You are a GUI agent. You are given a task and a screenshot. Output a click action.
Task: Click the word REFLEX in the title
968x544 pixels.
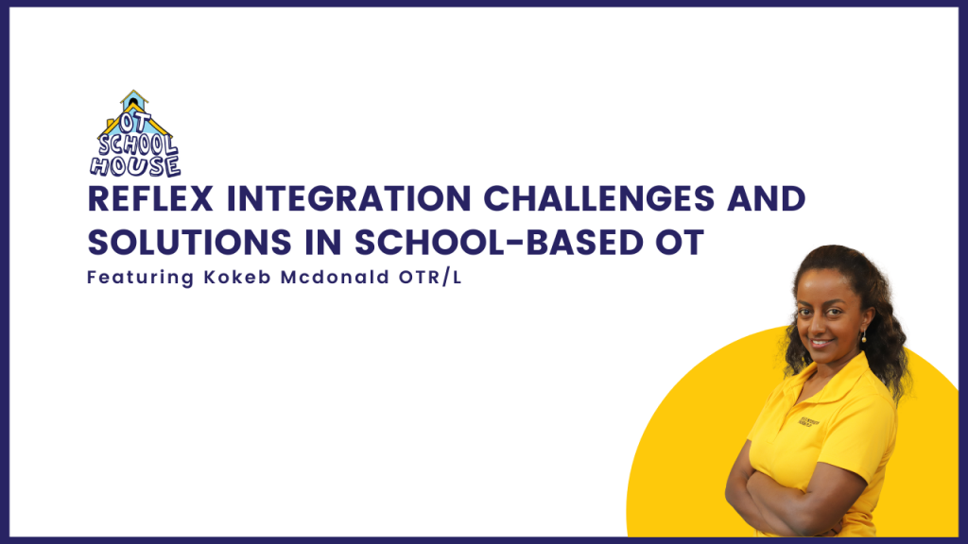[x=150, y=199]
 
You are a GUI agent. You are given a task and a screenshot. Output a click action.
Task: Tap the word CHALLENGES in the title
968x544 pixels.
[x=598, y=199]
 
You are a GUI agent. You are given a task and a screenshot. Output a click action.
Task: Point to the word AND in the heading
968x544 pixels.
[x=767, y=199]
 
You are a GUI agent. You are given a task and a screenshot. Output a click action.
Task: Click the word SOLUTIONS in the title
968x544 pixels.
[x=189, y=243]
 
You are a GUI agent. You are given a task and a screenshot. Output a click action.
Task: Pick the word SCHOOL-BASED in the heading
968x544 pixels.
[x=499, y=243]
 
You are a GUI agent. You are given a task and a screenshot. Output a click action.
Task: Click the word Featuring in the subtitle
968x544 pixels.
[x=141, y=279]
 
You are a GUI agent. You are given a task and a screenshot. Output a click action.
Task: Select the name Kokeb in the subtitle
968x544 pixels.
[x=237, y=278]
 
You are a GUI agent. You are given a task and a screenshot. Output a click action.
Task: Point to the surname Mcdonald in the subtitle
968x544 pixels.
[x=336, y=278]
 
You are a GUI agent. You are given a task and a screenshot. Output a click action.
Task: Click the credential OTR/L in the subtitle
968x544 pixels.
[x=430, y=278]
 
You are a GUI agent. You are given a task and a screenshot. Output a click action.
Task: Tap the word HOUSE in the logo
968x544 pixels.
[x=136, y=166]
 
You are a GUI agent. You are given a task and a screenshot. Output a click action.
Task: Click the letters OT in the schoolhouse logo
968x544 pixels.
[x=134, y=122]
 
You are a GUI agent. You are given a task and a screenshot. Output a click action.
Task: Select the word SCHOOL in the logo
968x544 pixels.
[x=138, y=144]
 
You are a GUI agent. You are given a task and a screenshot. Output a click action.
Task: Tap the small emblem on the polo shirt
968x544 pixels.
[x=809, y=422]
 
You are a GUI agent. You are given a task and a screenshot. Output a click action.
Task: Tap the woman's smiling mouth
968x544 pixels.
[x=821, y=342]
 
